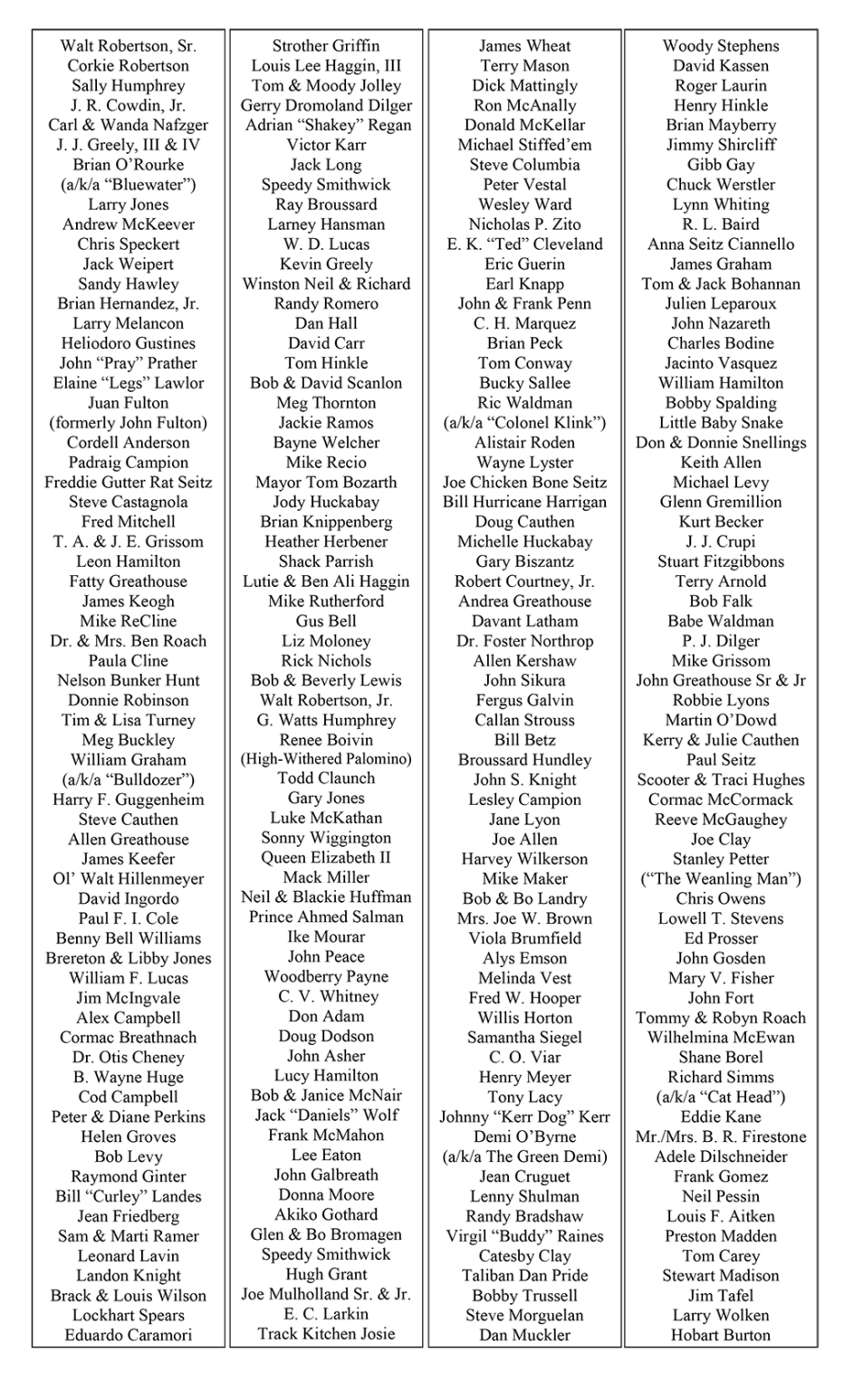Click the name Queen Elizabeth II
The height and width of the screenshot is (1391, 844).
[326, 858]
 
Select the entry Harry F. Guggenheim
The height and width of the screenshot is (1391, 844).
[129, 800]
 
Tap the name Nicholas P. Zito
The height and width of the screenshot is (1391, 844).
[524, 225]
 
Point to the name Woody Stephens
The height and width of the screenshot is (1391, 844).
[720, 46]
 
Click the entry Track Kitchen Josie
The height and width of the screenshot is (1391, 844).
[326, 1333]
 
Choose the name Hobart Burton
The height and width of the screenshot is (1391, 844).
[720, 1335]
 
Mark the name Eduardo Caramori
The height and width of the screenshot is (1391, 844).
[129, 1335]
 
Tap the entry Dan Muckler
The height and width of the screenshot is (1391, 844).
[524, 1335]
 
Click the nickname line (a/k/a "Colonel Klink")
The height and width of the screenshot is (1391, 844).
[524, 423]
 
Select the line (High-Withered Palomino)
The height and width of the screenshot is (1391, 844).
[326, 759]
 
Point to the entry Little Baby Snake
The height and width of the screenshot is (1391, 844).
[720, 423]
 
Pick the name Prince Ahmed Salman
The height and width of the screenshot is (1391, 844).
[326, 916]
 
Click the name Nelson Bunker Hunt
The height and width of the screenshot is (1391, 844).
[129, 681]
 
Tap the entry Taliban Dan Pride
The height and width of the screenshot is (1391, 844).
[524, 1275]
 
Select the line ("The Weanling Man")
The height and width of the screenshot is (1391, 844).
[720, 878]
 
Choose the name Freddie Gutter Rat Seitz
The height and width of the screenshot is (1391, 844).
[129, 483]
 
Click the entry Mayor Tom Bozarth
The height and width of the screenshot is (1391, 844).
[326, 483]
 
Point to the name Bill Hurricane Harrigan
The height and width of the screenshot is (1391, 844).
[524, 503]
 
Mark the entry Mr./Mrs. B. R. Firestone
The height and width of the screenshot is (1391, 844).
[720, 1137]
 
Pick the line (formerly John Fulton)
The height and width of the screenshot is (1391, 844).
[129, 423]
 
